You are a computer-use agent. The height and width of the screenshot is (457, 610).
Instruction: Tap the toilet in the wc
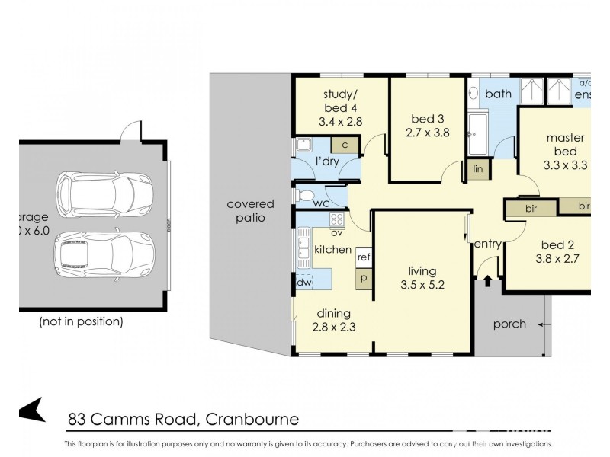click(x=307, y=197)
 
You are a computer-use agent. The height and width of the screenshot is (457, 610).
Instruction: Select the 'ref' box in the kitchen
click(x=364, y=257)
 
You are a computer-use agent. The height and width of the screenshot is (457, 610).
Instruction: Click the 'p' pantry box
click(x=364, y=278)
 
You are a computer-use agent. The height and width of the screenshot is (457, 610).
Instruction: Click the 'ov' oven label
click(x=335, y=232)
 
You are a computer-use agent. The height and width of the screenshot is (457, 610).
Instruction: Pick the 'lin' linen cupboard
click(x=478, y=169)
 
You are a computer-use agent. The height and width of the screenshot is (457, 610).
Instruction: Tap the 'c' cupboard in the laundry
click(x=345, y=145)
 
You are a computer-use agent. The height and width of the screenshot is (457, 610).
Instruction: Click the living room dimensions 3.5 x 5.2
click(x=422, y=286)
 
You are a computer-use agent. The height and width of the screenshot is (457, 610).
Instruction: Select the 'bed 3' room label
click(x=427, y=118)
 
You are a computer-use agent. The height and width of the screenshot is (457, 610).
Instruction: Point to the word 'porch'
click(x=509, y=324)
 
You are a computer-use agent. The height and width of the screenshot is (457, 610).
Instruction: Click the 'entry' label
click(x=487, y=244)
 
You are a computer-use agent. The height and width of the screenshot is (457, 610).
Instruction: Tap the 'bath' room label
click(x=498, y=94)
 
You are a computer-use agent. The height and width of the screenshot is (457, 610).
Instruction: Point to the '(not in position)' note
click(x=81, y=321)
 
